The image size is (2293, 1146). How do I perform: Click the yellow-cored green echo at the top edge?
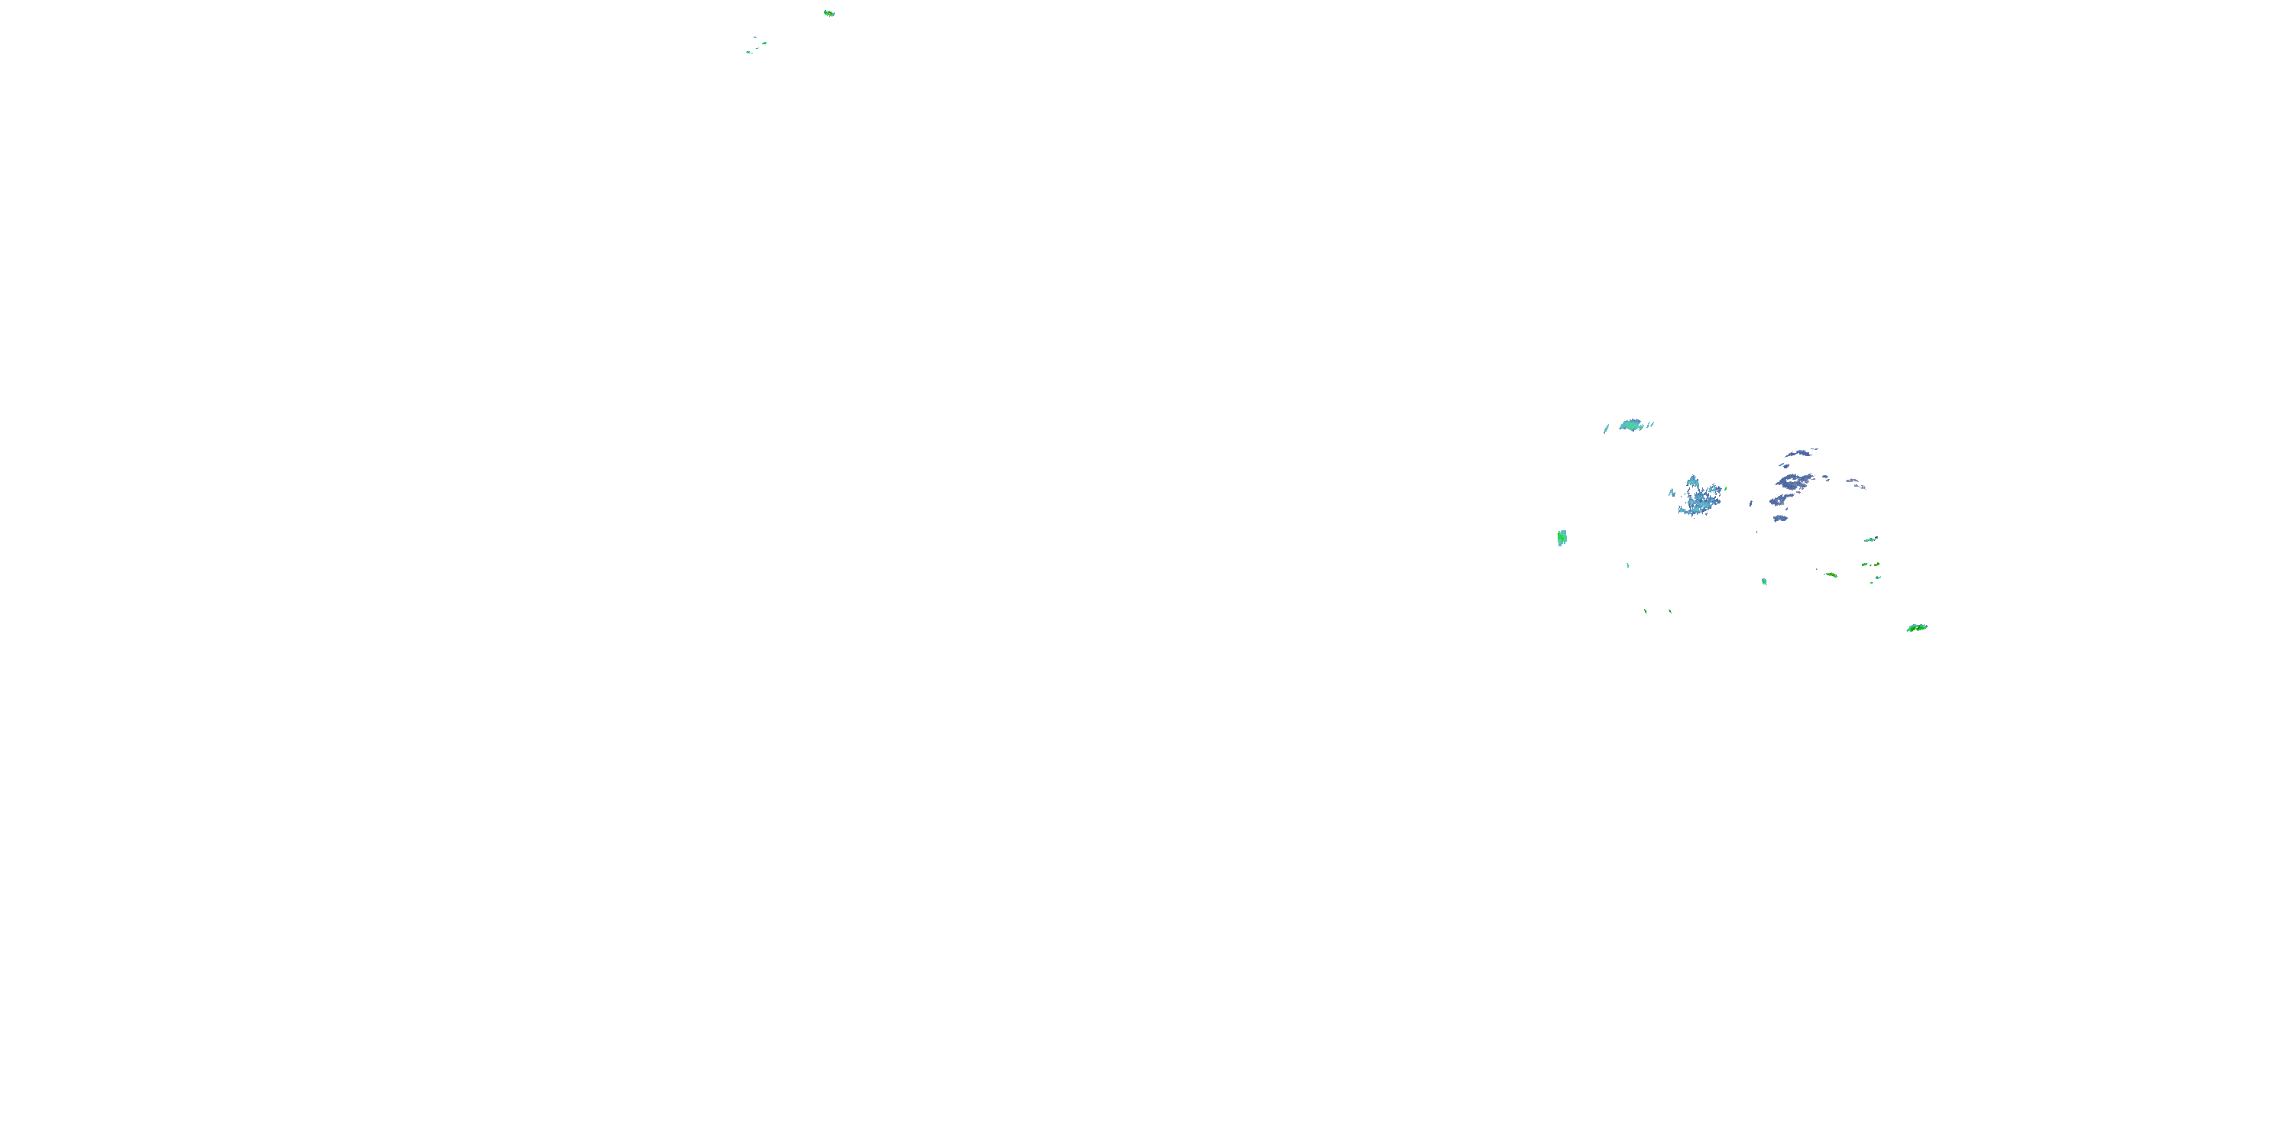(x=829, y=13)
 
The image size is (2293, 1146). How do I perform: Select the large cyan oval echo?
(x=1631, y=425)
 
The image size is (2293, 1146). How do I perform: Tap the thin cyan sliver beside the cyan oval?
(x=1607, y=428)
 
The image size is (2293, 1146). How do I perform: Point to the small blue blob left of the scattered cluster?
(x=1672, y=492)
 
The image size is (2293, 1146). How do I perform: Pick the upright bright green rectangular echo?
(x=1562, y=537)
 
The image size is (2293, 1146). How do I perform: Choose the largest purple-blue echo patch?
(x=1792, y=483)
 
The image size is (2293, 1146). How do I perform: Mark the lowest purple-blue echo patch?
(x=1779, y=518)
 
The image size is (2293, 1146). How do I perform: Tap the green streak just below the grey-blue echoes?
(x=1870, y=539)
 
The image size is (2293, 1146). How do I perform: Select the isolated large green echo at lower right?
(x=1916, y=628)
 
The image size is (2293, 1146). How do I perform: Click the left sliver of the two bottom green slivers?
(x=1645, y=611)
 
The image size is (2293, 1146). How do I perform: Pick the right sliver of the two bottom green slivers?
(x=1670, y=611)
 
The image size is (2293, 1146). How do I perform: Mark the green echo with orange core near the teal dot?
(x=1830, y=575)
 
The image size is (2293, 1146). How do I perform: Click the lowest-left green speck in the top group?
(x=748, y=52)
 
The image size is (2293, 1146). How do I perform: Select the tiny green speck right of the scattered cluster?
(x=1751, y=503)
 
